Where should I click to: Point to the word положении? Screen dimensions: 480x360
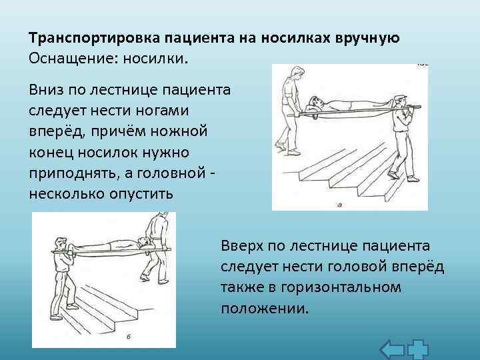(265, 309)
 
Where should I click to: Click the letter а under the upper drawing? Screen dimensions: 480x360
(340, 205)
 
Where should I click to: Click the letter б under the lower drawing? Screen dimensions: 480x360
(127, 339)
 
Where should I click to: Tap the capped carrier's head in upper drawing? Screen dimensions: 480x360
(399, 101)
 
